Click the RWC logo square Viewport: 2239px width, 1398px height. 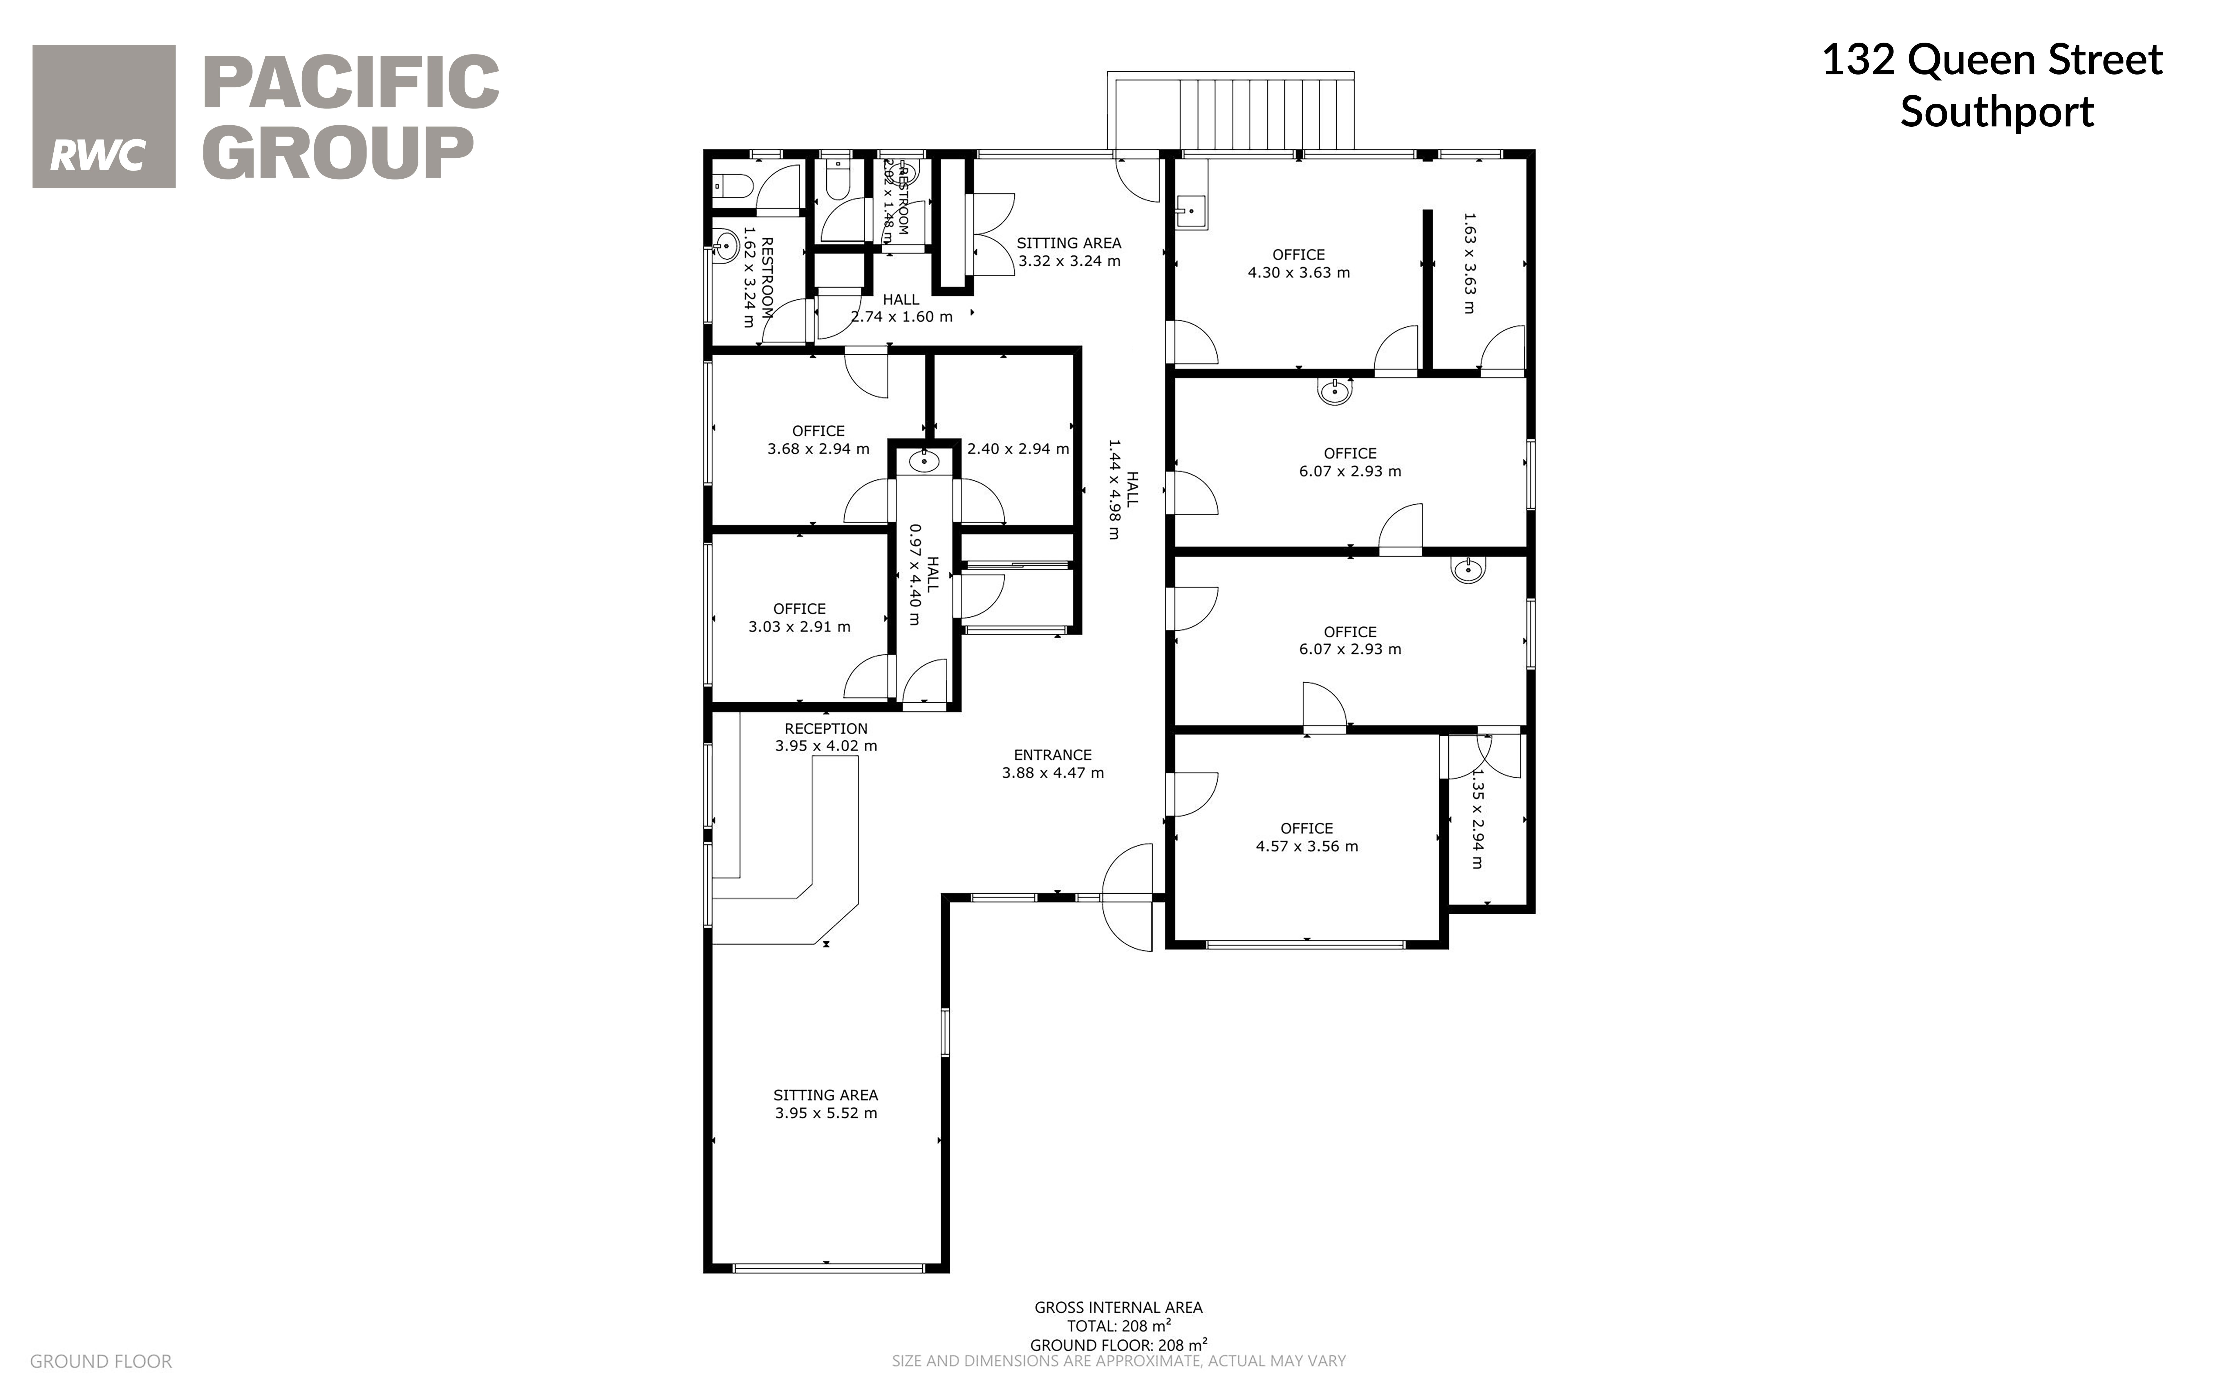104,117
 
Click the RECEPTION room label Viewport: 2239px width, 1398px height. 826,729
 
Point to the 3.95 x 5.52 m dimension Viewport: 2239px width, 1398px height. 826,1113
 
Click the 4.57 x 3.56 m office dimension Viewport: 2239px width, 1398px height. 1307,846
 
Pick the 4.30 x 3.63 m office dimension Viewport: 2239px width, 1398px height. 1298,273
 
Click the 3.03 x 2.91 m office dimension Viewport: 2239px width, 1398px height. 799,627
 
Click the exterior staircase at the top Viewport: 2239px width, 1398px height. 1231,112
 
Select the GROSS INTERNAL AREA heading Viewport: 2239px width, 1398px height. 1118,1308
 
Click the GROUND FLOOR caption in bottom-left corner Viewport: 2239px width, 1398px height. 101,1361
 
